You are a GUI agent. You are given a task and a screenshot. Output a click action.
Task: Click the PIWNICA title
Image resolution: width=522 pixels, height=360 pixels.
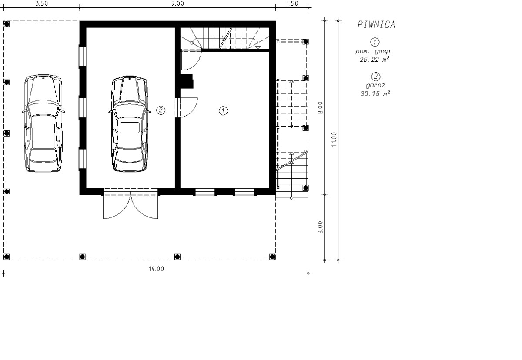pyautogui.click(x=376, y=24)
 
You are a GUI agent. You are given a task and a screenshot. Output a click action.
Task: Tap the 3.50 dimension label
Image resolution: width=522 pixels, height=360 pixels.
pyautogui.click(x=41, y=3)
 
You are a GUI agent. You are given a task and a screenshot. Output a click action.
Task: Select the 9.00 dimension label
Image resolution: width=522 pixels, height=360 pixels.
pyautogui.click(x=177, y=3)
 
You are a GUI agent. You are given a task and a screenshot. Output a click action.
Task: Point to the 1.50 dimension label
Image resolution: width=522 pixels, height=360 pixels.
pyautogui.click(x=292, y=3)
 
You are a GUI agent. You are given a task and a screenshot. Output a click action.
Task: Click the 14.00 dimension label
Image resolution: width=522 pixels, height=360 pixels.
pyautogui.click(x=156, y=269)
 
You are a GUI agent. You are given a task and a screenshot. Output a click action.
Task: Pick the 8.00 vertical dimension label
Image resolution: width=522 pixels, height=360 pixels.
pyautogui.click(x=321, y=107)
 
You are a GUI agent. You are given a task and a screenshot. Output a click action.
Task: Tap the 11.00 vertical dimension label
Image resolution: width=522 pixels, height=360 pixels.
pyautogui.click(x=334, y=140)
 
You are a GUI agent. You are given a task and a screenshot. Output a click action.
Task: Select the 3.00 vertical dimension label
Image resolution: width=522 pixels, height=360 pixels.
pyautogui.click(x=321, y=227)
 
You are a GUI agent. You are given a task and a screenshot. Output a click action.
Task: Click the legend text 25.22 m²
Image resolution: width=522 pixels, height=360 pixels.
pyautogui.click(x=375, y=60)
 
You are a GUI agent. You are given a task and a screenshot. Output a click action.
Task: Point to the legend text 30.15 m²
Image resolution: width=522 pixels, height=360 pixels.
pyautogui.click(x=375, y=93)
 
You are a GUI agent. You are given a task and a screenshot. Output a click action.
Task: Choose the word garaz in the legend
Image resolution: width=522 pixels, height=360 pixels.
pyautogui.click(x=375, y=86)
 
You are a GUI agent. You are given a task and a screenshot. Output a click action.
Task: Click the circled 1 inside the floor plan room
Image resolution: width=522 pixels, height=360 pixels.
pyautogui.click(x=223, y=110)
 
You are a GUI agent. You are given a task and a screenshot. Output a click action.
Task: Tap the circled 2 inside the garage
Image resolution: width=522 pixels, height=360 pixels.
pyautogui.click(x=161, y=110)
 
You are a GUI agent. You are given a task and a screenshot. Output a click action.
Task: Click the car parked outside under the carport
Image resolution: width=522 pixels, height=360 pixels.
pyautogui.click(x=43, y=123)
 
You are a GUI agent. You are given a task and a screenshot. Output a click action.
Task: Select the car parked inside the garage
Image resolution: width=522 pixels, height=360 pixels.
pyautogui.click(x=130, y=123)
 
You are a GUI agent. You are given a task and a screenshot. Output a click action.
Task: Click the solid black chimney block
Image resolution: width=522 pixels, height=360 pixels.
pyautogui.click(x=187, y=81)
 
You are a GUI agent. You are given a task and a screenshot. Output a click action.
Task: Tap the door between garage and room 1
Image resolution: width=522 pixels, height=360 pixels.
pyautogui.click(x=187, y=107)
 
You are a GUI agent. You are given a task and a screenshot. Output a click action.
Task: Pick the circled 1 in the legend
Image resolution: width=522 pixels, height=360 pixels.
pyautogui.click(x=375, y=42)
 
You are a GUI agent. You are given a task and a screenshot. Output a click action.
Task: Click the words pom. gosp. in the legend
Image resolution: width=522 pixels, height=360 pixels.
pyautogui.click(x=374, y=51)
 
